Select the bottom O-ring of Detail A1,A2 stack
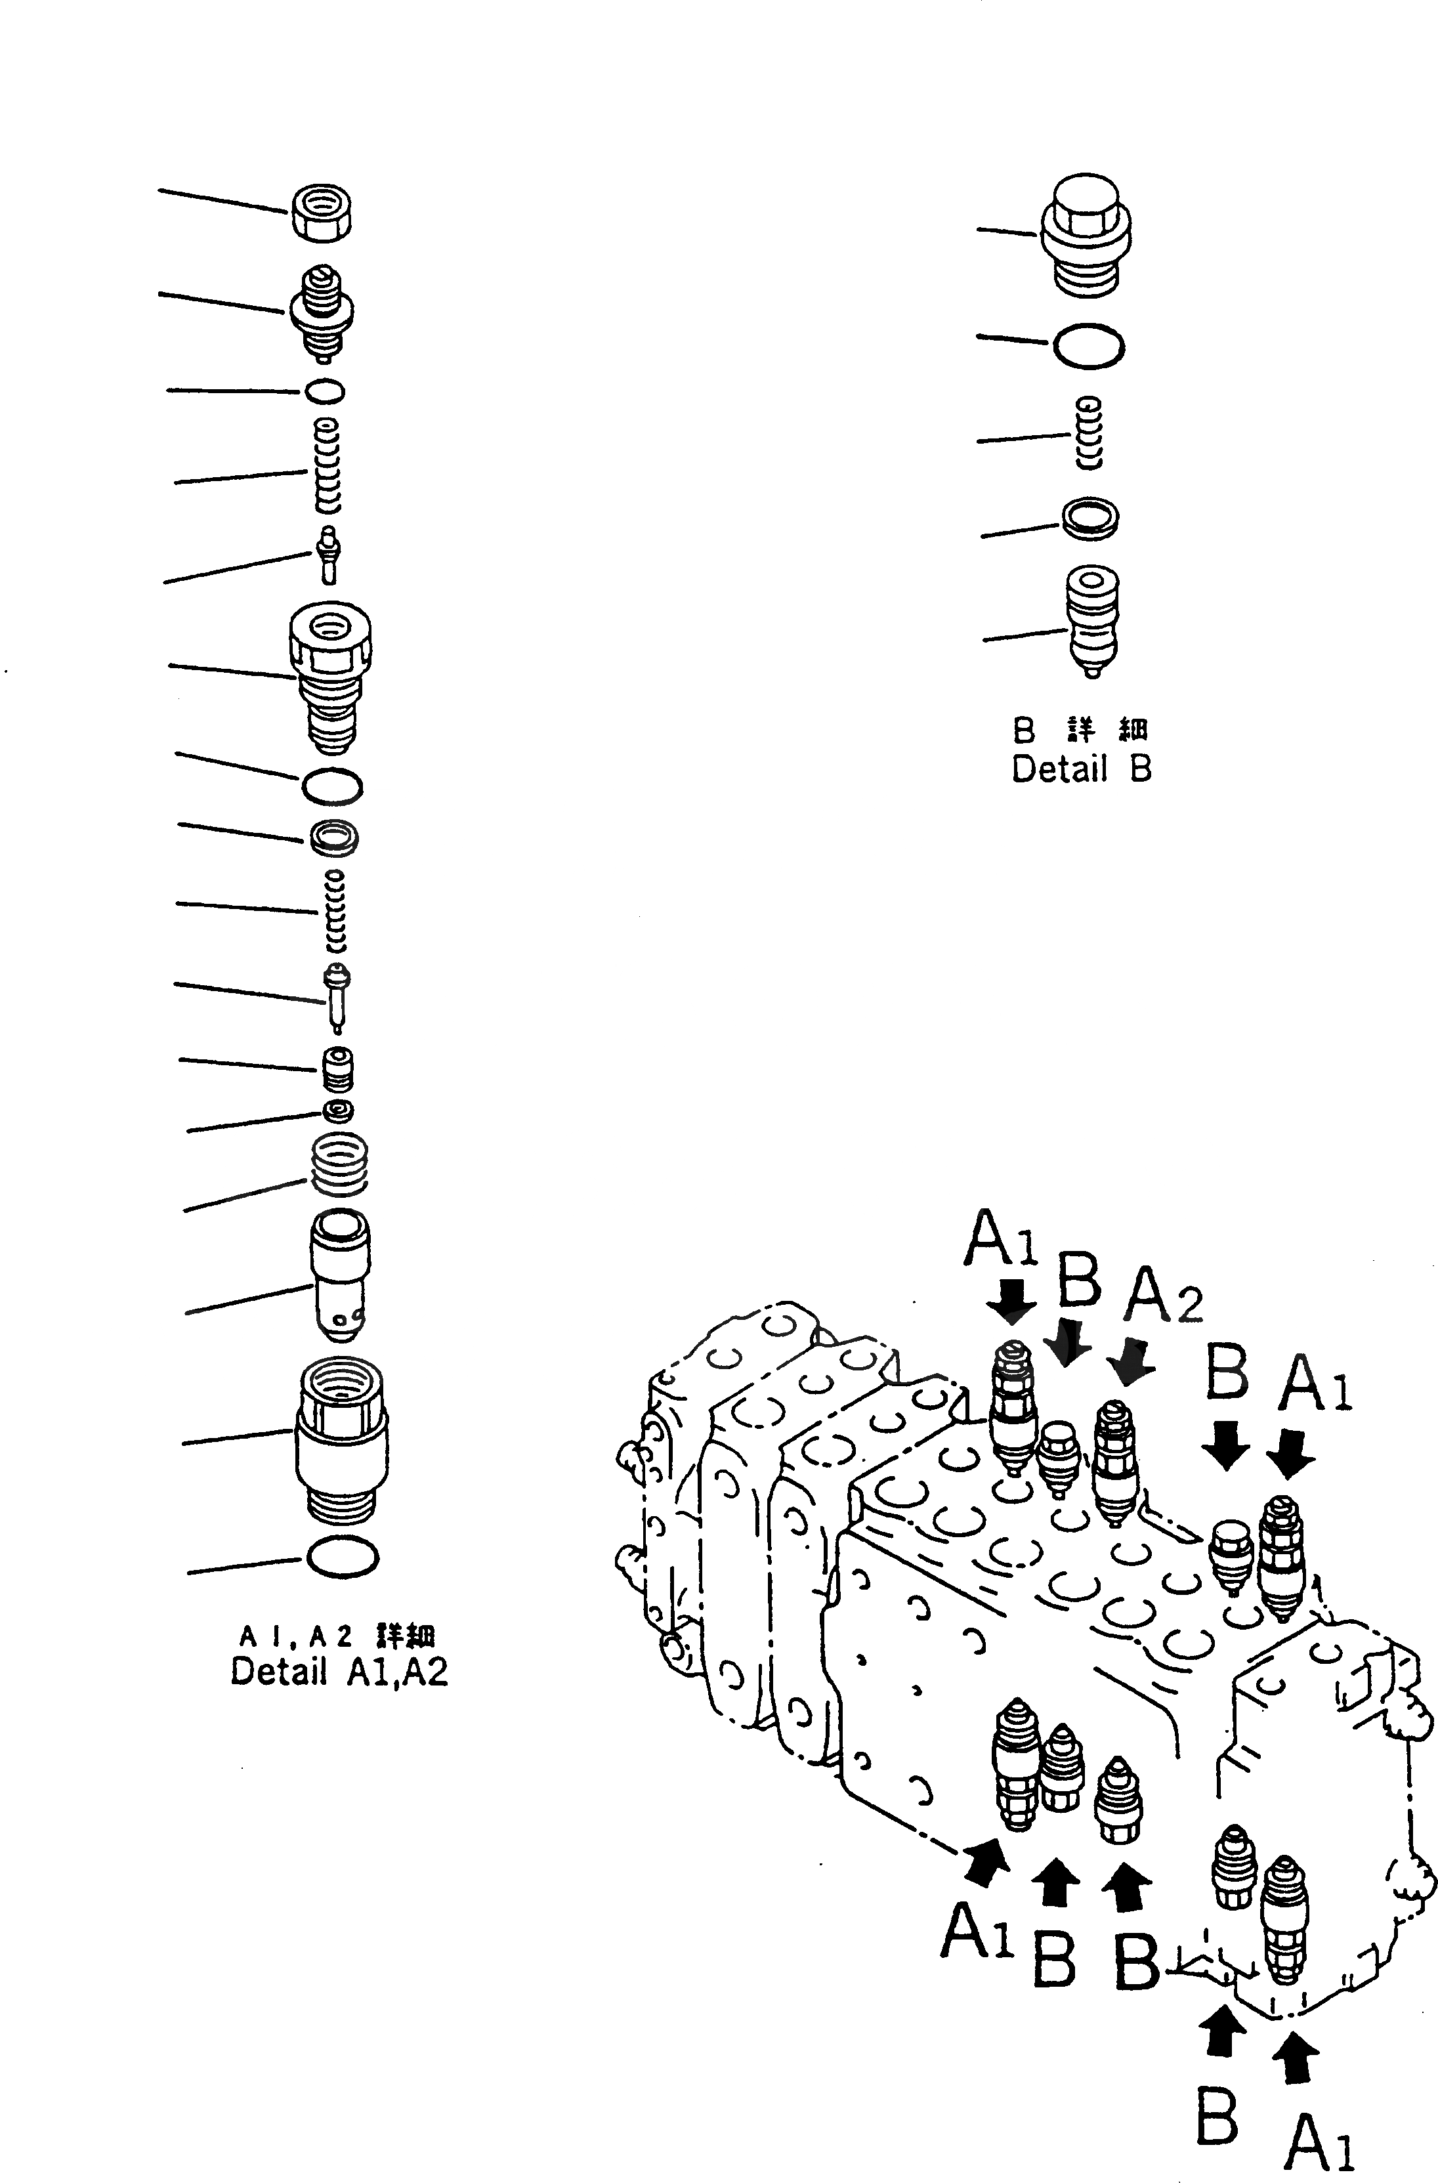(x=343, y=1557)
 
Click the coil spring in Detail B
(x=1089, y=434)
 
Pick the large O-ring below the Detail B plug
(x=1089, y=348)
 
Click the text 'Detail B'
(x=1080, y=769)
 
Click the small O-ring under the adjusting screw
(x=325, y=392)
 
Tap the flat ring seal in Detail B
(x=1089, y=517)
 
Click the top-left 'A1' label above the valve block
(x=1002, y=1239)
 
